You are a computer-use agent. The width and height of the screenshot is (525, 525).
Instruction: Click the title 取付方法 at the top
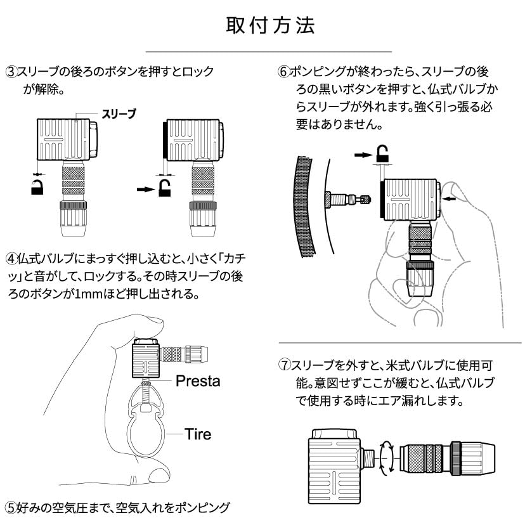click(270, 25)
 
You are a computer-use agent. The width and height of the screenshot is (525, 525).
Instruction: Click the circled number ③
click(11, 72)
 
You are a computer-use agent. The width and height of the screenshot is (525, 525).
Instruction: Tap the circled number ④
click(11, 259)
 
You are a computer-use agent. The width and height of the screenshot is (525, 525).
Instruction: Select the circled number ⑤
click(11, 508)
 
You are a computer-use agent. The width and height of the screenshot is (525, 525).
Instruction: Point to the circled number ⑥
click(284, 72)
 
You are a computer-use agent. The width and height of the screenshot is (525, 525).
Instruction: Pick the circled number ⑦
click(285, 365)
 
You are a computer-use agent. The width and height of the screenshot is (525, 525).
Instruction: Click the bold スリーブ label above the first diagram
click(119, 114)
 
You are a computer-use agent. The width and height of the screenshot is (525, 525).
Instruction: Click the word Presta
click(198, 381)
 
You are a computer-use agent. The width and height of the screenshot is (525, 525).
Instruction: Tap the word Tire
click(198, 434)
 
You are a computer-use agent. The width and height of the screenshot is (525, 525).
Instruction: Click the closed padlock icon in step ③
click(37, 187)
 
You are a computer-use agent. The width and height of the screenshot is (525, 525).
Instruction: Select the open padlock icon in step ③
click(164, 188)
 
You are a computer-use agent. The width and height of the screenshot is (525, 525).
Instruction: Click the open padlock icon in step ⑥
click(382, 154)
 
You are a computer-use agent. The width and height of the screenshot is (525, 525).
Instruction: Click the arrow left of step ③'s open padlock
click(146, 190)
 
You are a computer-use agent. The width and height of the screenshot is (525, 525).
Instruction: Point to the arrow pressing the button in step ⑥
click(449, 199)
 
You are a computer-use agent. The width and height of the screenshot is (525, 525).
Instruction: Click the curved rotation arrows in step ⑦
click(387, 456)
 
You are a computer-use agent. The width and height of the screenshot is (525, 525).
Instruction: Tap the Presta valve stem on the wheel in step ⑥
click(348, 200)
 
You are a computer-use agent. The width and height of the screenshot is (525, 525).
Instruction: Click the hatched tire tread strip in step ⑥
click(304, 206)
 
